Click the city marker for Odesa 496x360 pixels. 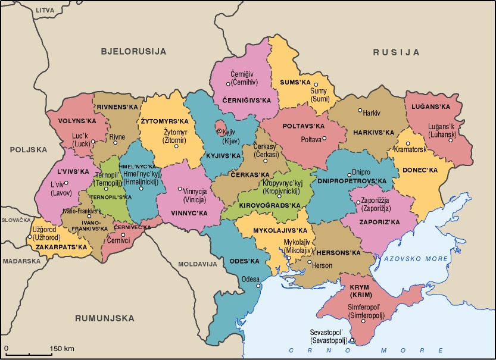(258, 286)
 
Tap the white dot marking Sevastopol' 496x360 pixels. (351, 340)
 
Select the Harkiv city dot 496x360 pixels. (360, 110)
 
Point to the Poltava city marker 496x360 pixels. (325, 139)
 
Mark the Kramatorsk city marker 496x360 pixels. (408, 143)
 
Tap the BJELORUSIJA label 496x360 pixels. (133, 51)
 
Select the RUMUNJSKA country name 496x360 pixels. (105, 318)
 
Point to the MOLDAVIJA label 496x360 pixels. (198, 263)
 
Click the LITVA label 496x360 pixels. (45, 11)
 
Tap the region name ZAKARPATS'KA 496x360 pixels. (61, 246)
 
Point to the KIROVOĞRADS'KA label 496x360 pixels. (269, 205)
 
